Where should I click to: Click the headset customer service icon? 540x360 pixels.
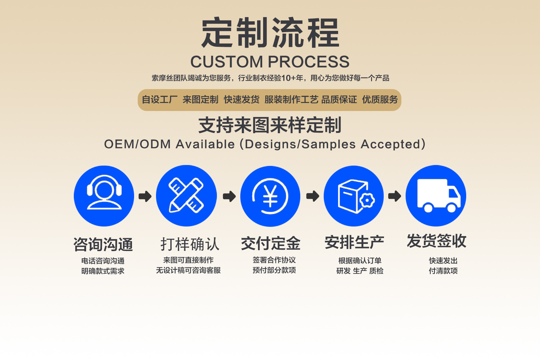coord(104,196)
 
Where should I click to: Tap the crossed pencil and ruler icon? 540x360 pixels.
coord(186,196)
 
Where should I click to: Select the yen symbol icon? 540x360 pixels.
coord(270,196)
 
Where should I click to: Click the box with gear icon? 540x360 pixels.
coord(354,196)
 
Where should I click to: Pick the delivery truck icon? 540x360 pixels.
coord(436,196)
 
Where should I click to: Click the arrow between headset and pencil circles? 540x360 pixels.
coord(145,196)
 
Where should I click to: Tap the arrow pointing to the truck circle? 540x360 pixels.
coord(394,196)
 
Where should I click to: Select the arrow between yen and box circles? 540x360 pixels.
coord(313,196)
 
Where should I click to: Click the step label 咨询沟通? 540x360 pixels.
coord(103,244)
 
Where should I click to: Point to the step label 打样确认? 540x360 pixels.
coord(190,244)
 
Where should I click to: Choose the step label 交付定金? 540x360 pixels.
coord(271,243)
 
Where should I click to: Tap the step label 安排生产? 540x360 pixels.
coord(354,242)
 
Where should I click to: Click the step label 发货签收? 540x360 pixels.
coord(436,241)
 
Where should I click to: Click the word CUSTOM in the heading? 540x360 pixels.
coord(226,62)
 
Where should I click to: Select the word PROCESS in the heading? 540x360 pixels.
coord(308,62)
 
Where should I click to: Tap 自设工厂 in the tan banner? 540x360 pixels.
coord(160,100)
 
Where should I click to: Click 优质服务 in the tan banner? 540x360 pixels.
coord(380,100)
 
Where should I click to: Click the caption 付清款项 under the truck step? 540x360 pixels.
coord(443,271)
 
